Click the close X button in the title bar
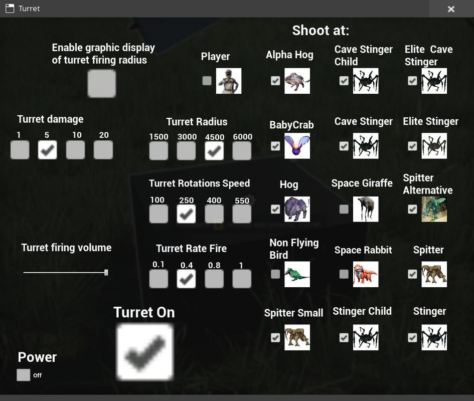coord(451,9)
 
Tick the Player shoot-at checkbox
coord(207,81)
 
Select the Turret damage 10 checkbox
coord(75,150)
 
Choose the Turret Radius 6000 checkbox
coord(242,150)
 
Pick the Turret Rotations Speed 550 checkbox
coord(242,214)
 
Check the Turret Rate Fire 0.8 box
coord(214,279)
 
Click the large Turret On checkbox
coord(145,351)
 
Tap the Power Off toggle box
coord(24,375)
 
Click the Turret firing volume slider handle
coord(106,272)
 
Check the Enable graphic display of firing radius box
coord(102,83)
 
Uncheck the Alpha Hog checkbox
coord(275,81)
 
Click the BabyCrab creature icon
coord(297,146)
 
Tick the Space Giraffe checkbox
coord(344,209)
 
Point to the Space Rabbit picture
coord(366,274)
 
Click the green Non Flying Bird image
coord(297,274)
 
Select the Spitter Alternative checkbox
coord(412,209)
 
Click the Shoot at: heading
coord(321,31)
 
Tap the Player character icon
coord(229,81)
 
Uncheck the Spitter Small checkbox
coord(275,337)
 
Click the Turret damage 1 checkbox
coord(20,150)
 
